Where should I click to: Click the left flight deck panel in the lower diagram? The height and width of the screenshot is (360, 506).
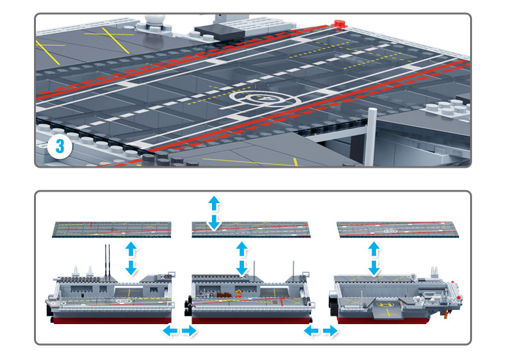[113, 229]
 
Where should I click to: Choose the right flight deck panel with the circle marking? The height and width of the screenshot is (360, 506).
[396, 229]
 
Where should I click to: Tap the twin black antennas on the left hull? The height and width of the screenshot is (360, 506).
[107, 259]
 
